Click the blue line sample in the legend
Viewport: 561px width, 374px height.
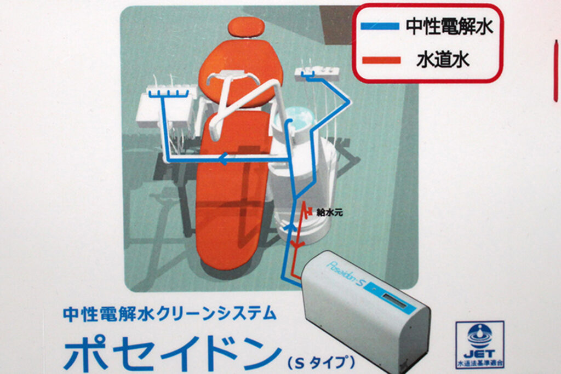click(380, 26)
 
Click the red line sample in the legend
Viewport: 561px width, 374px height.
click(381, 60)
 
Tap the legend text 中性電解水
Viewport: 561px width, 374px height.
click(449, 26)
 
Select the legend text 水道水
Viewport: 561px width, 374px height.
click(443, 59)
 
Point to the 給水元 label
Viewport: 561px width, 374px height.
click(329, 212)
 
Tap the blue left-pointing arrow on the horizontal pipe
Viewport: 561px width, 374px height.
click(224, 159)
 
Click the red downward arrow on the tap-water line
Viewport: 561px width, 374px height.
click(296, 245)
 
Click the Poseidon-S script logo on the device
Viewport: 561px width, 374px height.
click(345, 274)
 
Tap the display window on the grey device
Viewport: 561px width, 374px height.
click(394, 300)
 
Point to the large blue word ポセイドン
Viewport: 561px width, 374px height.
click(172, 353)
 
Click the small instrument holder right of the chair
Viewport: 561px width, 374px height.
click(317, 74)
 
